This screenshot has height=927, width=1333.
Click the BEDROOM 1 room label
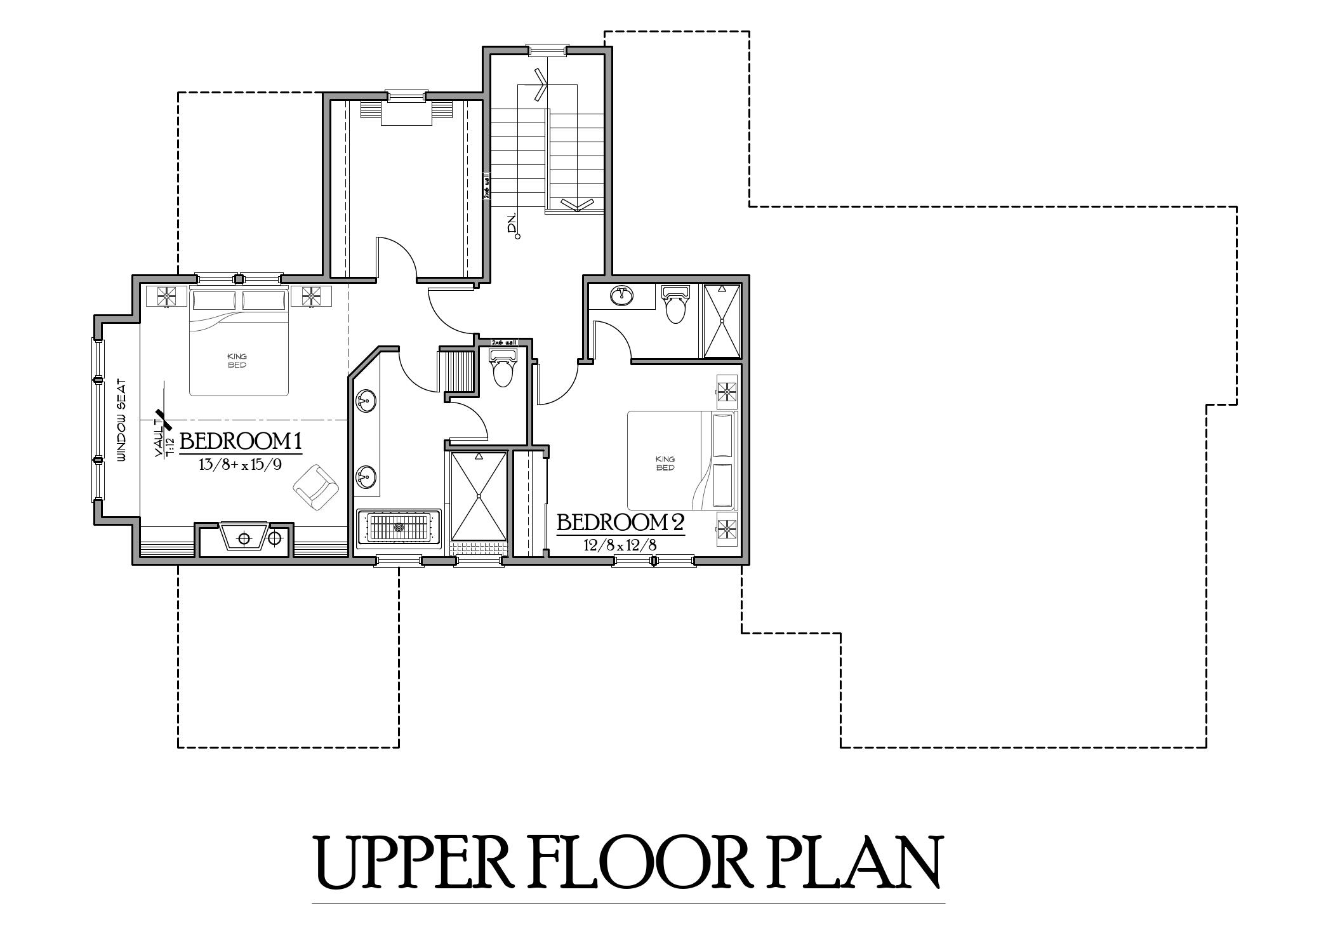(240, 441)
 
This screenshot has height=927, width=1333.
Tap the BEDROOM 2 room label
(620, 523)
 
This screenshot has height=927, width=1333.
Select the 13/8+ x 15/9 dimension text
(240, 464)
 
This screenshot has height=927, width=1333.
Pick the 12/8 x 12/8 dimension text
(620, 545)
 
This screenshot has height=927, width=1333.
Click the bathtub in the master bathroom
(399, 528)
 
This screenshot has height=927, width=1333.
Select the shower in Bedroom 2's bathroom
(722, 321)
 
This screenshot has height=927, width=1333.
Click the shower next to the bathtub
(479, 496)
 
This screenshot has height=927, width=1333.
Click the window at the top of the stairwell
(547, 48)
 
